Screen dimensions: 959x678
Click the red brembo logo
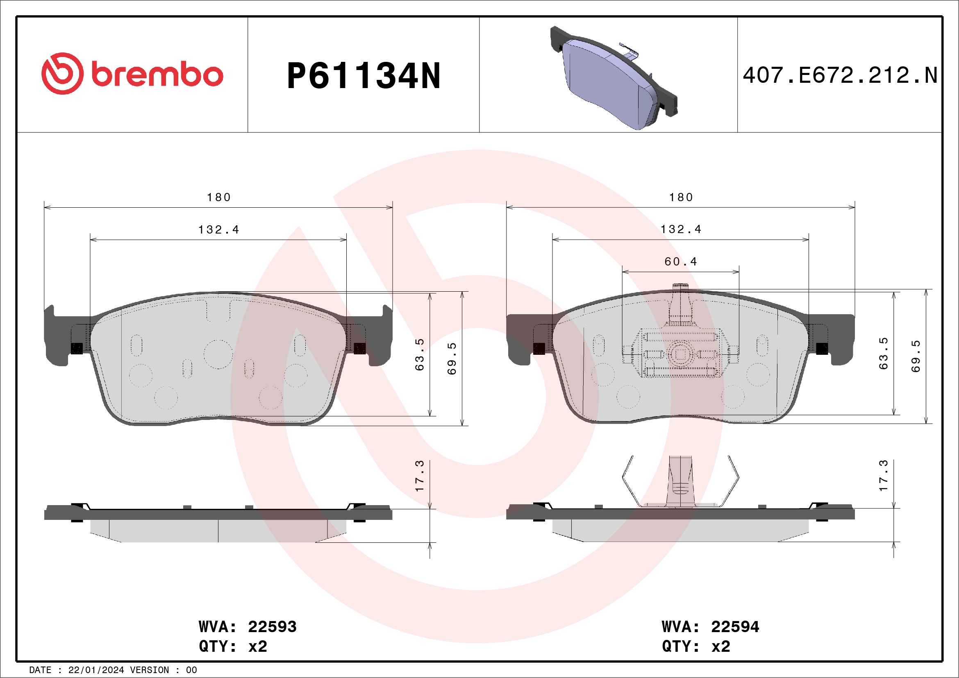[132, 73]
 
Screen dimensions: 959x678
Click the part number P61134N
[364, 75]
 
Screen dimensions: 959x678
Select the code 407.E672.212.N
[840, 75]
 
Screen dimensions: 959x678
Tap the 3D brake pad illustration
[614, 78]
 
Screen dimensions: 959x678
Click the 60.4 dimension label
[681, 261]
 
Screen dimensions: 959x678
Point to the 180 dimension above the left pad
[219, 197]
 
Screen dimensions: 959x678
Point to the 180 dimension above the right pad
[681, 197]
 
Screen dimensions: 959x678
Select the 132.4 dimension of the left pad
[218, 229]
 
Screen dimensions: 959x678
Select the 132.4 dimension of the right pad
[681, 229]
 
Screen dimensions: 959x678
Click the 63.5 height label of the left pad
[419, 354]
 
